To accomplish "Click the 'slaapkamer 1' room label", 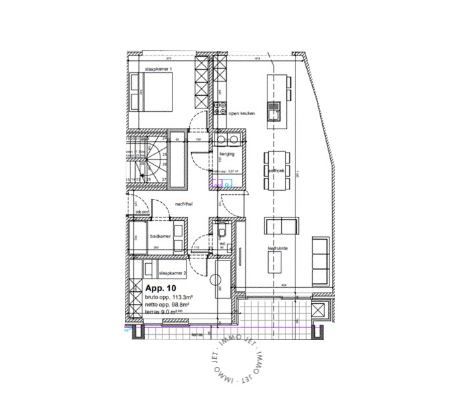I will (x=158, y=70).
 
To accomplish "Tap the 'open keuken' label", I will (x=243, y=114).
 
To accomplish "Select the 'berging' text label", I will (x=227, y=154).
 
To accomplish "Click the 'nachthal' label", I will (x=185, y=203).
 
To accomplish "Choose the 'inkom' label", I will (x=142, y=212).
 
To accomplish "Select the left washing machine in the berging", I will (x=221, y=140).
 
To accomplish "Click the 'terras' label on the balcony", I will (x=197, y=333).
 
